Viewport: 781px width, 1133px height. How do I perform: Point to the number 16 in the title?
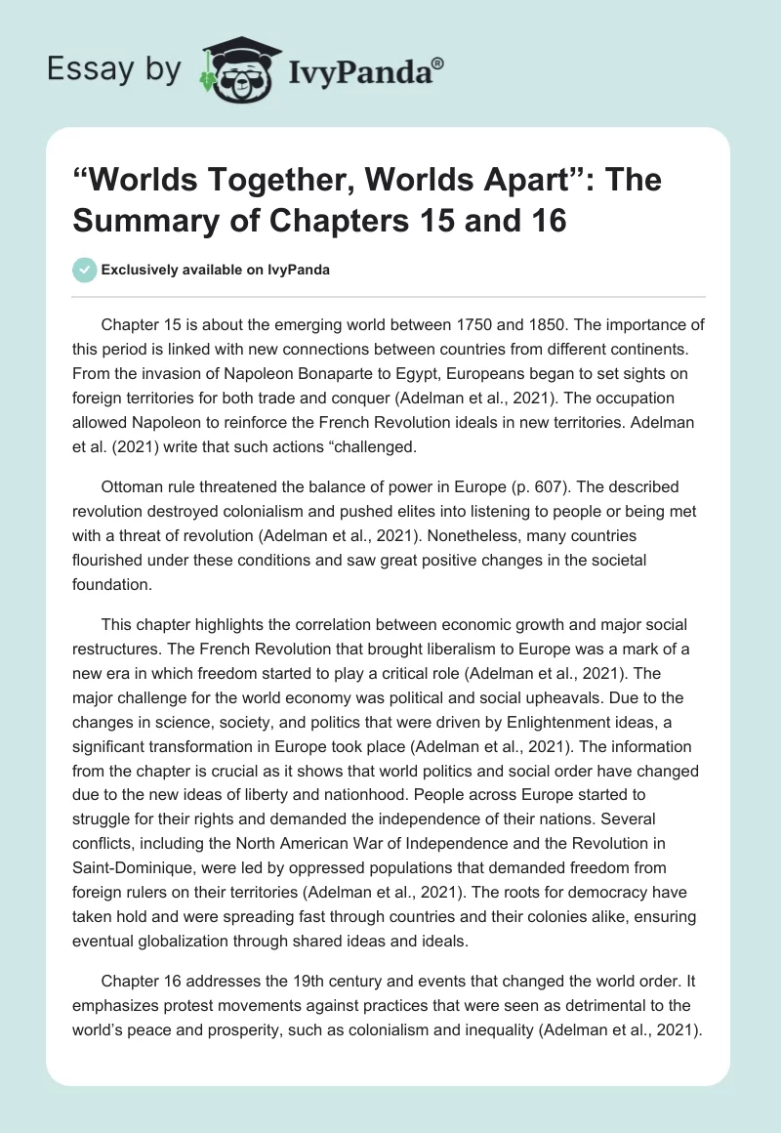pos(550,220)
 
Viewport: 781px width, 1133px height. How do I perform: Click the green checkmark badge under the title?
pos(85,270)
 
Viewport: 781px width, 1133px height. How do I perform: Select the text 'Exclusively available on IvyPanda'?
pos(215,271)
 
